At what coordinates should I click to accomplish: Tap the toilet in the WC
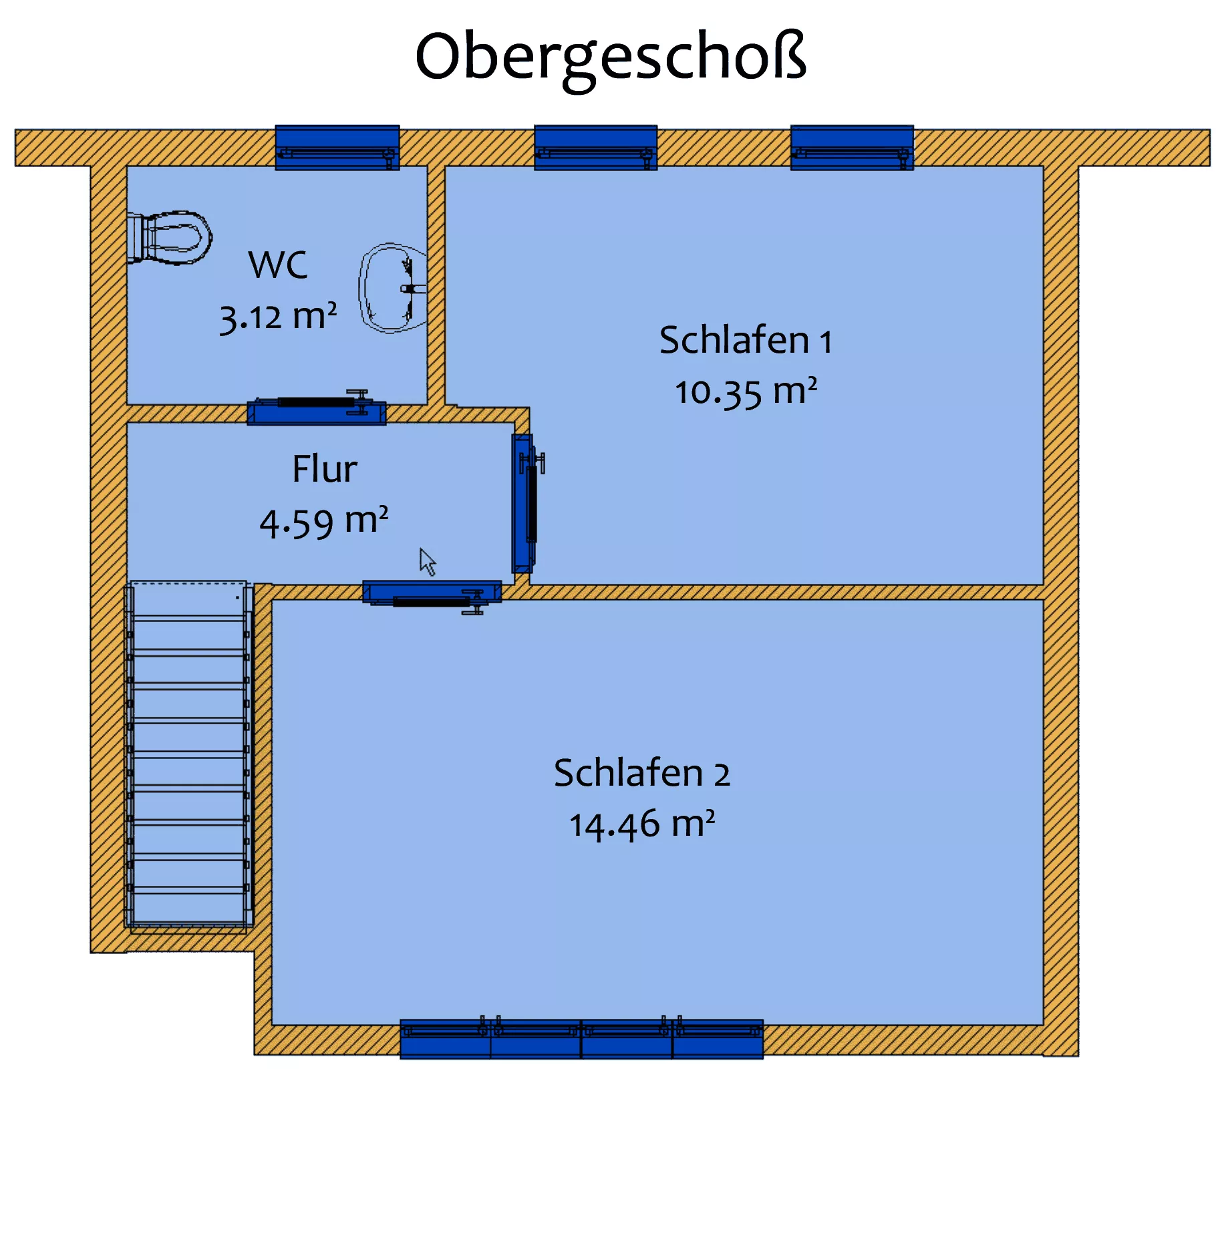(x=170, y=238)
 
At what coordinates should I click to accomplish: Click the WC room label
(x=278, y=265)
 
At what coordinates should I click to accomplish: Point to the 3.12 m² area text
(x=278, y=317)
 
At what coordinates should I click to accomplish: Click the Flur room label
(x=325, y=468)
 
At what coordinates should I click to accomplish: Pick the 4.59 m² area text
(x=324, y=522)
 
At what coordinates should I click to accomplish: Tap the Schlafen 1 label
(x=746, y=340)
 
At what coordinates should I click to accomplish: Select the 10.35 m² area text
(x=746, y=392)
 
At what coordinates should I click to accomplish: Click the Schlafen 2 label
(x=642, y=773)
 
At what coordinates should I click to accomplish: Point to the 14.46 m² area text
(x=642, y=824)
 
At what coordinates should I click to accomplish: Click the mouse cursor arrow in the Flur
(x=428, y=562)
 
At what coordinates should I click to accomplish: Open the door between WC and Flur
(x=317, y=409)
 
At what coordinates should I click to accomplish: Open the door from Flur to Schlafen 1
(x=526, y=504)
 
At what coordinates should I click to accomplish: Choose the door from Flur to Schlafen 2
(x=432, y=594)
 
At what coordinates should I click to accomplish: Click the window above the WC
(x=337, y=148)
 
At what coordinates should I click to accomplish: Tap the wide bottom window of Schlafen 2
(x=581, y=1038)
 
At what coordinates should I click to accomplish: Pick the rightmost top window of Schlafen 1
(x=852, y=148)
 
